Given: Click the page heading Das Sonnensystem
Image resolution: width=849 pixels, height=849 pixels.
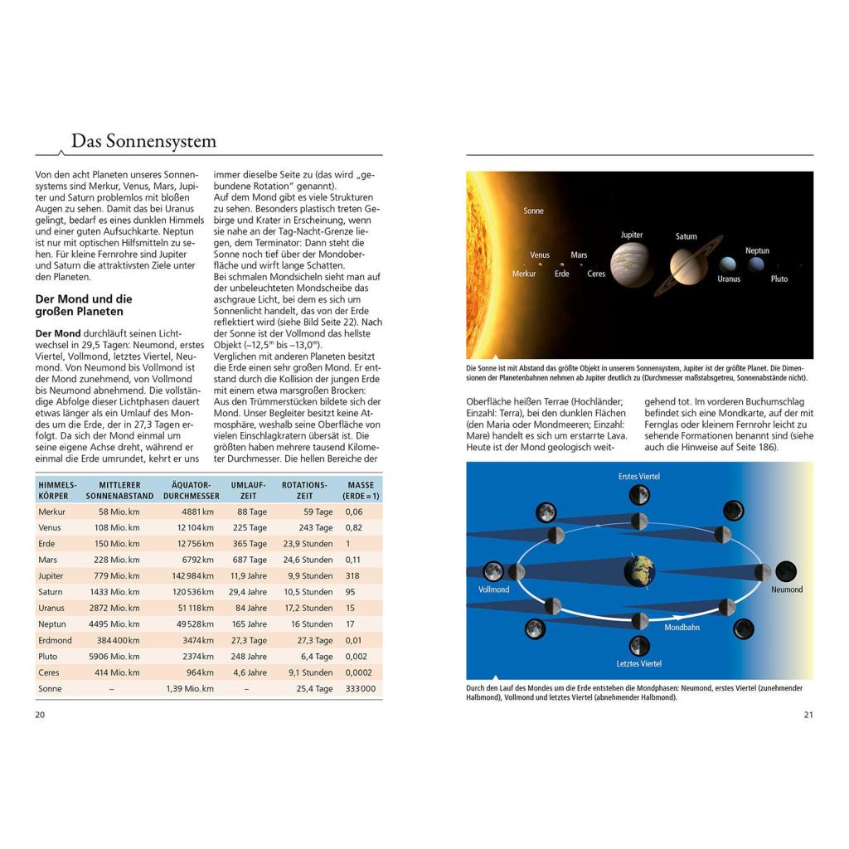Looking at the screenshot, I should coord(143,141).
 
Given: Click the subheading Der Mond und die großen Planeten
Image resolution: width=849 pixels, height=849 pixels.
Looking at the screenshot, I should coord(83,305).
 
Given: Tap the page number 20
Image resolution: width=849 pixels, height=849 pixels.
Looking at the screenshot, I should coord(41,716).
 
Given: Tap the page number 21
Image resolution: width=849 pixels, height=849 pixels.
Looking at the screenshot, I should coord(808,716).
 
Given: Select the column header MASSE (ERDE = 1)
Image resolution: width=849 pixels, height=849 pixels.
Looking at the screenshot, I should coord(361,490).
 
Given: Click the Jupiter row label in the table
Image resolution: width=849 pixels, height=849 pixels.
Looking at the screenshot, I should coord(51,575).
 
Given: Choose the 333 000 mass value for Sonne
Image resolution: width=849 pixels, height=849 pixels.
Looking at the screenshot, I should coord(360,689).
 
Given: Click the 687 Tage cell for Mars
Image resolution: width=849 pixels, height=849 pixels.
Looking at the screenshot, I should coord(250,560).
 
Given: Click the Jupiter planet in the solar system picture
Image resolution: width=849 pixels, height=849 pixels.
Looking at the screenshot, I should coord(632,264).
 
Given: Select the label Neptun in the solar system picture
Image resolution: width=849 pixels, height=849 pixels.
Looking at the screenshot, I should coord(757,250).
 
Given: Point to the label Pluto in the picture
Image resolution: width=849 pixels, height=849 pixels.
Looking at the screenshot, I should coord(779,279).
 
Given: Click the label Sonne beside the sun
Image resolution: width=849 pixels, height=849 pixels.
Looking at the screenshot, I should coord(534,211).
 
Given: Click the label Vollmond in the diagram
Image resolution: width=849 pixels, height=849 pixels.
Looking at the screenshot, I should coord(494,590).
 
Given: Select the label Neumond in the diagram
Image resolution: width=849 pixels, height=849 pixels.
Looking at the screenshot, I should coord(787,590).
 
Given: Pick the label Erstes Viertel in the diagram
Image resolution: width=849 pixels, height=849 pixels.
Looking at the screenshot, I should coord(639,477).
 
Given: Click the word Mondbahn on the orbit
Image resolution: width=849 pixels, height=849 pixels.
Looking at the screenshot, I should coord(682,628).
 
